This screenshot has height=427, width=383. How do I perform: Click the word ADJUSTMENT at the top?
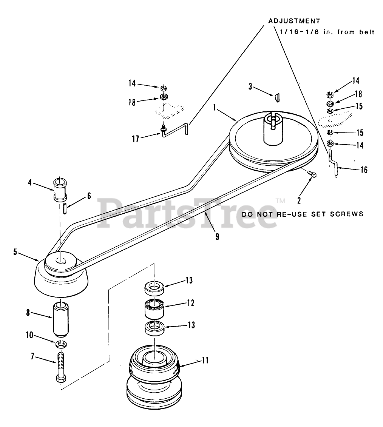(x=294, y=21)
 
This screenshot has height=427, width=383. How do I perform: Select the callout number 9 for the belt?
(x=217, y=237)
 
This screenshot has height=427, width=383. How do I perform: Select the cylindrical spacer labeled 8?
(x=60, y=320)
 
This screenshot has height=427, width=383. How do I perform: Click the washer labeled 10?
(x=60, y=344)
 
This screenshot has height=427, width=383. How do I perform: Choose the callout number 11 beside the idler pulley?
(x=205, y=361)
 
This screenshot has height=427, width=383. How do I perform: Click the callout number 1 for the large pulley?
(x=214, y=108)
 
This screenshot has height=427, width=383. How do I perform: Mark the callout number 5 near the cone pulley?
(x=15, y=252)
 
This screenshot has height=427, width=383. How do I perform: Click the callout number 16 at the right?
(x=364, y=170)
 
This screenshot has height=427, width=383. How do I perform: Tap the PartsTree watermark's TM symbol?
(x=280, y=200)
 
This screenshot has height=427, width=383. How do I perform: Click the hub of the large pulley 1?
(x=273, y=128)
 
